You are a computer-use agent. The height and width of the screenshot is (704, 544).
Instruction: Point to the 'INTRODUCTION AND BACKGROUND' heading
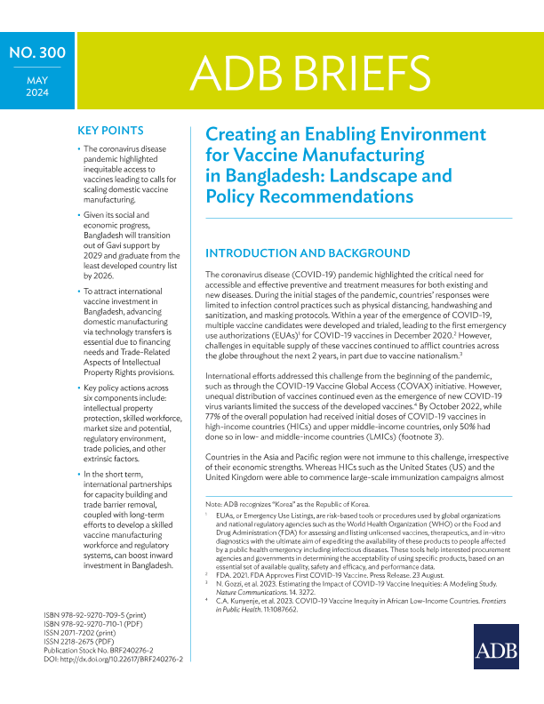tap(309, 253)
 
